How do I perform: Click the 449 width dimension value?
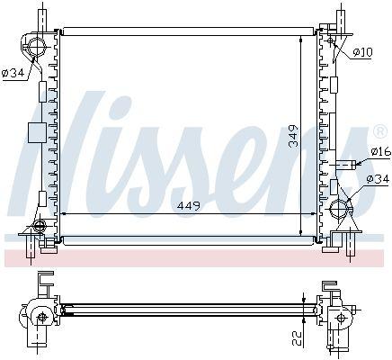click(189, 206)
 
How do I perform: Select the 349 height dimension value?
click(293, 136)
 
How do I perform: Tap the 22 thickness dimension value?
click(296, 337)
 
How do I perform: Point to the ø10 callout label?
click(362, 52)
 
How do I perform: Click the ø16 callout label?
click(380, 151)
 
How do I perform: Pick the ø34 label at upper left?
click(13, 73)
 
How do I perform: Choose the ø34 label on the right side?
click(378, 179)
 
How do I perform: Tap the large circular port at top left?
click(37, 48)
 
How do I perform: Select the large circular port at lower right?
click(339, 208)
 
